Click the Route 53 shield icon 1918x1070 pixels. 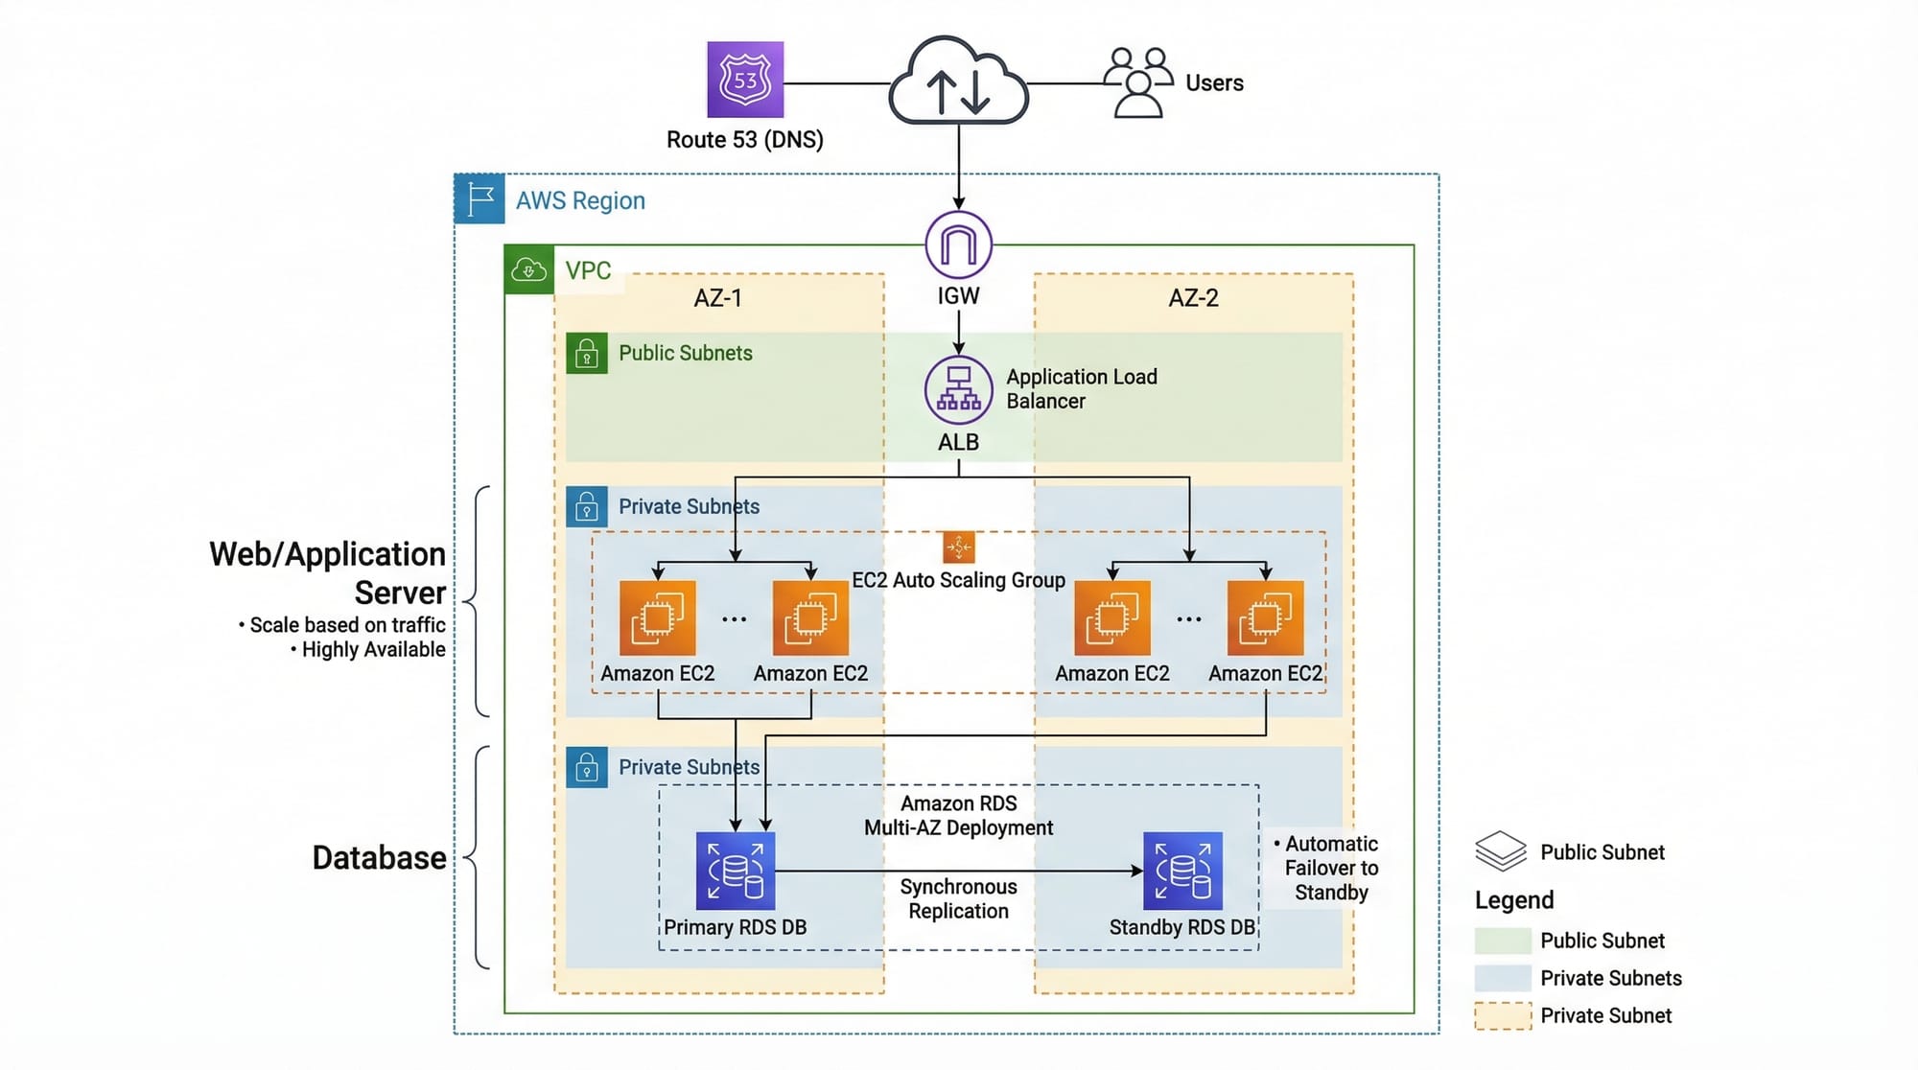coord(745,80)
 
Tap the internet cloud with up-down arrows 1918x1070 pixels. coord(958,83)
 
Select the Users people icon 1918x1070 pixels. coord(1137,82)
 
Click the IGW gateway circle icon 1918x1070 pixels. coord(958,244)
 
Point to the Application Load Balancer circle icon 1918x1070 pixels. coord(958,390)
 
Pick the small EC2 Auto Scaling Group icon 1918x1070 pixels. coord(958,547)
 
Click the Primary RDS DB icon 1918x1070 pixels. coord(736,871)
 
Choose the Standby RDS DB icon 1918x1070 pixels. coord(1182,871)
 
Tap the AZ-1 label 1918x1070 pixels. coord(717,298)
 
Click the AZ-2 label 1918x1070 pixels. coord(1193,298)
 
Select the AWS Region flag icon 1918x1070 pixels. coord(479,199)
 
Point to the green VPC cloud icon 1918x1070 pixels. coord(528,269)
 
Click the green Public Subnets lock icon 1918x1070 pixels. coord(587,353)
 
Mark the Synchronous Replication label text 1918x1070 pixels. coord(958,899)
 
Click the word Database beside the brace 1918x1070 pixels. coord(379,858)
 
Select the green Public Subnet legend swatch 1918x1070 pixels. coord(1503,941)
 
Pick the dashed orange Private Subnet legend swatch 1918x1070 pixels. coord(1503,1015)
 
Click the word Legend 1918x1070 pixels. coord(1514,900)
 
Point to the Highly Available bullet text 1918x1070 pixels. coord(372,650)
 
